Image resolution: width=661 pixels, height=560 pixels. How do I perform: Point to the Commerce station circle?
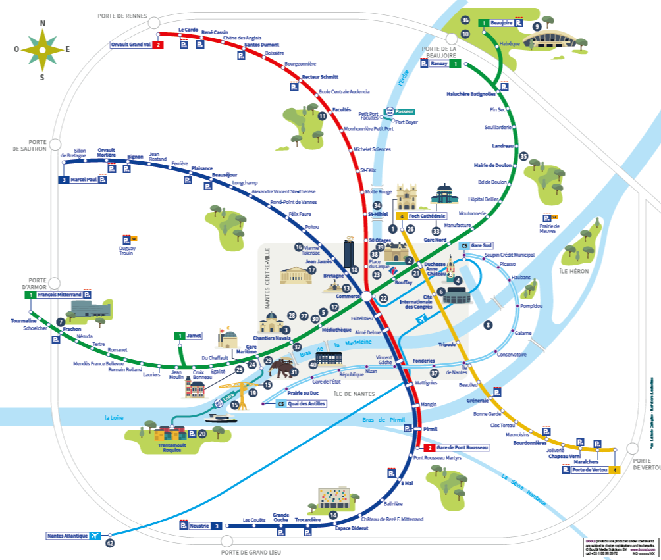(x=367, y=297)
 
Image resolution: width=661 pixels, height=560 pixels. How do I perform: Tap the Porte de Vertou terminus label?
(x=590, y=469)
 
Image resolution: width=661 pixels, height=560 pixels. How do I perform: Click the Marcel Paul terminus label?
(x=82, y=179)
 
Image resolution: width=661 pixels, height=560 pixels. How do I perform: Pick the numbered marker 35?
(x=523, y=157)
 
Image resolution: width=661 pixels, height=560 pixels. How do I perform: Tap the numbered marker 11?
(x=322, y=116)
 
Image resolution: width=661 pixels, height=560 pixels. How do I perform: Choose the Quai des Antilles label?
(x=302, y=403)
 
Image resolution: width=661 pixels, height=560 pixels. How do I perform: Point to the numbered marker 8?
(x=488, y=325)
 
